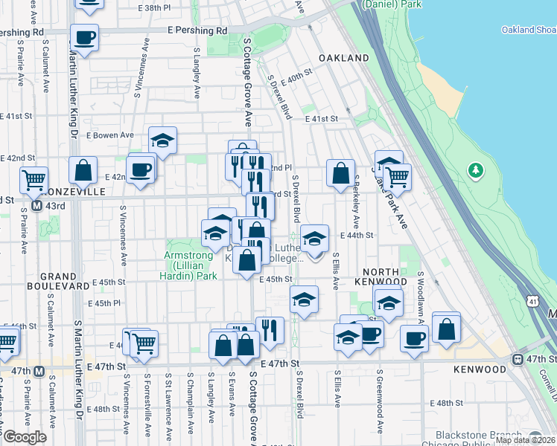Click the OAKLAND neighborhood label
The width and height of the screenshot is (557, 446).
coord(343,58)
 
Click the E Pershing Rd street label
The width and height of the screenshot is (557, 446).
coord(197,31)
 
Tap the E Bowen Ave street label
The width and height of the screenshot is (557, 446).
coord(112,135)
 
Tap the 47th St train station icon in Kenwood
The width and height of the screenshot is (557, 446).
coord(517,359)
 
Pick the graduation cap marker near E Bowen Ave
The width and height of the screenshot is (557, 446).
coord(162,140)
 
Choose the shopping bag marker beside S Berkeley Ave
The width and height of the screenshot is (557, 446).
coord(340,174)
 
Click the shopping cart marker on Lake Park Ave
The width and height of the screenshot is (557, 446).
coord(398,177)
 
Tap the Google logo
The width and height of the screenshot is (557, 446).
coord(25,436)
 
